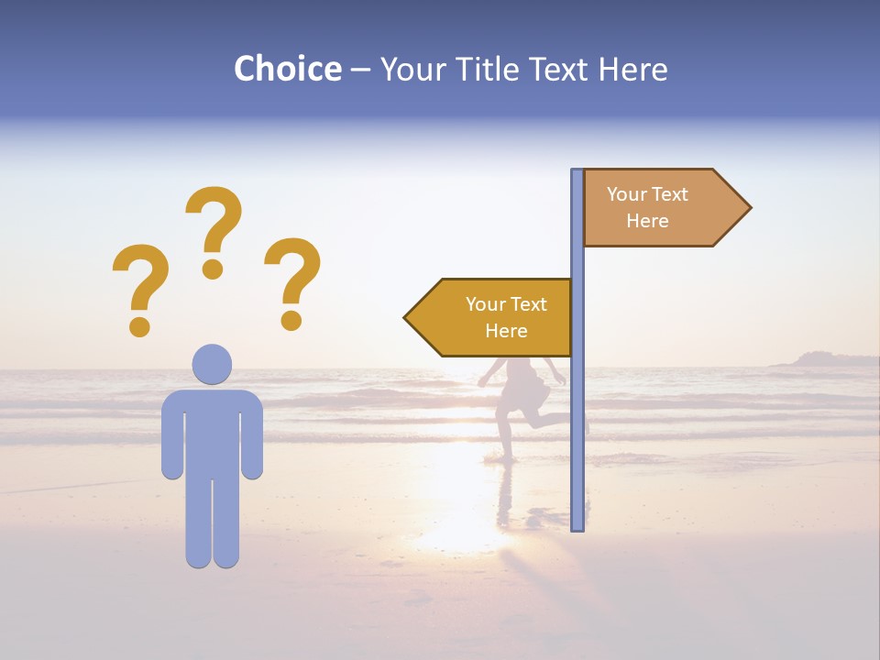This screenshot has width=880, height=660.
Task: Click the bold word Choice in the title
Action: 287,69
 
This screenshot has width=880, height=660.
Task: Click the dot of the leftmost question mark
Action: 139,324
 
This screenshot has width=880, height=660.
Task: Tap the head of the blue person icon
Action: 212,364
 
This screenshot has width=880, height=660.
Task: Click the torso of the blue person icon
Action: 212,431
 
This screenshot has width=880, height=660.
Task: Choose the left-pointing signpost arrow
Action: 490,317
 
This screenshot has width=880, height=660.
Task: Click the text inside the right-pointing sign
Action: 647,207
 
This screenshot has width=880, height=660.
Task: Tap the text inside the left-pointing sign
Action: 506,317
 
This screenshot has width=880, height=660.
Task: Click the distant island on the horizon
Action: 820,359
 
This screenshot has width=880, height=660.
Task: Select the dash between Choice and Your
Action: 360,71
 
